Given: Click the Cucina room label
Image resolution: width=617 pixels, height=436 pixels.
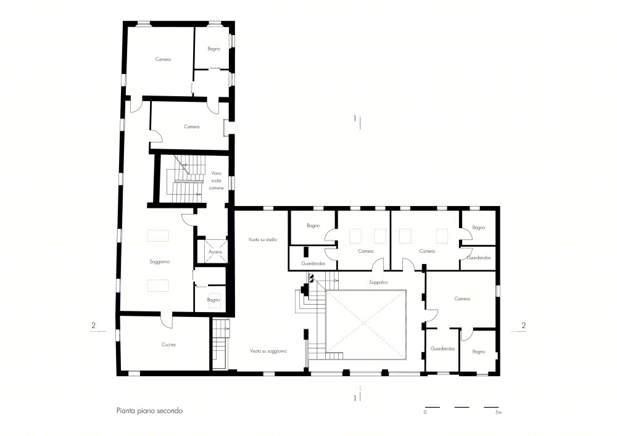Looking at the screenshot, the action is tap(168, 345).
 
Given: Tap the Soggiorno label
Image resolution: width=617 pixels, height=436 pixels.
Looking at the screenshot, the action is tap(159, 262).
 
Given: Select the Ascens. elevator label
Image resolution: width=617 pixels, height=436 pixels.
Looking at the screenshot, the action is tap(215, 252).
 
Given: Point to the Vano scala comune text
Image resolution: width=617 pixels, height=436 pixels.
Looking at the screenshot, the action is tap(217, 181).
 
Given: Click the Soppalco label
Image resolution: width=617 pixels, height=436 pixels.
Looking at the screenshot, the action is tap(378, 282).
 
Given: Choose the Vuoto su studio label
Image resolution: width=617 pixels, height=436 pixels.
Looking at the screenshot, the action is tap(263, 239).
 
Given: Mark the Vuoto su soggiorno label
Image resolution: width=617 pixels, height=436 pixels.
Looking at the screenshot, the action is tap(268, 351).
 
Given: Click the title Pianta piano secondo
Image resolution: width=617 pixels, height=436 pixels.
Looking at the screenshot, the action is tap(149, 411).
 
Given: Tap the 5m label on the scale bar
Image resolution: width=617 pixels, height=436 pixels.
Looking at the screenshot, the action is tap(498, 413).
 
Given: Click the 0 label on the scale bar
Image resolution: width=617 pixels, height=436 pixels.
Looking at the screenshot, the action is tap(425, 413).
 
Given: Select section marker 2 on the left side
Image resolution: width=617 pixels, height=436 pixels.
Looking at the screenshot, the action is tap(93, 326).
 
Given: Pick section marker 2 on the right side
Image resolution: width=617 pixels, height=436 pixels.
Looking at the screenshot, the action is tap(523, 326).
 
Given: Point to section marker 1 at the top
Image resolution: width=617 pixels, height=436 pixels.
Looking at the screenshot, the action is tap(355, 118).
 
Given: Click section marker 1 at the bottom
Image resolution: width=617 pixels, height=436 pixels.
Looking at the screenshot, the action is tap(355, 398).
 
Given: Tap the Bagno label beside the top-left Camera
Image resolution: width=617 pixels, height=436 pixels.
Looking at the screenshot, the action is tap(213, 49).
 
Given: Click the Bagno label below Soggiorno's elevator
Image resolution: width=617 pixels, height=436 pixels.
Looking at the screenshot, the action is tap(213, 300).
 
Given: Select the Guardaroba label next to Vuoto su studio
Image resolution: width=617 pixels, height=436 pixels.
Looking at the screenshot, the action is tap(313, 263).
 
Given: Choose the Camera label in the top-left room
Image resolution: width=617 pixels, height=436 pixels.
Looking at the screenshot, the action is tap(163, 59).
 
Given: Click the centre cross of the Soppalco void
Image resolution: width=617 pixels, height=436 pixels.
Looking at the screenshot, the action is tap(366, 325).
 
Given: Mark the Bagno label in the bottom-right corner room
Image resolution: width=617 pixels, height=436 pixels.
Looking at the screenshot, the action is tap(479, 352).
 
